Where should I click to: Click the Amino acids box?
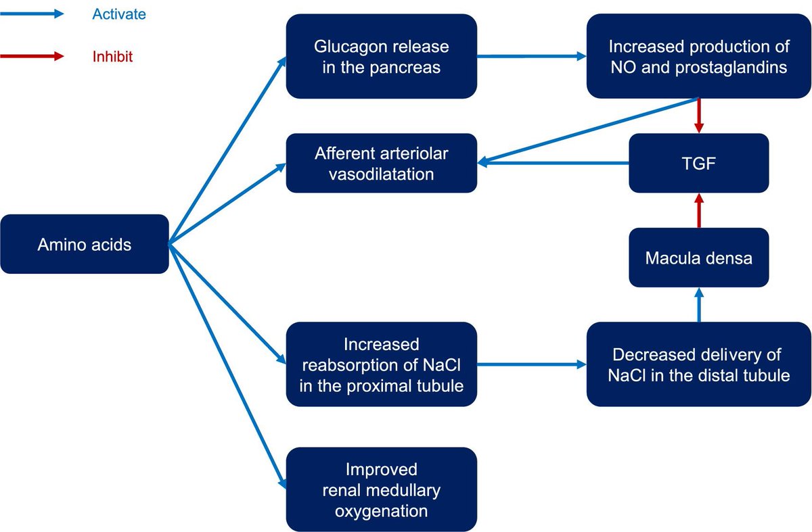(84, 244)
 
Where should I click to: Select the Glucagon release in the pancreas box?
(381, 57)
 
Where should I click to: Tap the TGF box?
(699, 163)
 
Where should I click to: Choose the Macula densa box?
(699, 258)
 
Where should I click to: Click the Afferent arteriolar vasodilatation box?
(381, 163)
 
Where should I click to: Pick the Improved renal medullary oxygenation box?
(381, 489)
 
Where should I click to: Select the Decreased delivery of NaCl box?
(698, 364)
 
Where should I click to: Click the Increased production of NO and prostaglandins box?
(698, 57)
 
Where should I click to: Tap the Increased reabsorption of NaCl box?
(381, 364)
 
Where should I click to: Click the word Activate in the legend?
(118, 14)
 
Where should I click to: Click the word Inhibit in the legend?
(112, 57)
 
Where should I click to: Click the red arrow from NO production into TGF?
(699, 116)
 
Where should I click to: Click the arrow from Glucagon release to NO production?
(531, 57)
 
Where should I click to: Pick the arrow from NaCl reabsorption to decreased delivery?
(531, 364)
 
